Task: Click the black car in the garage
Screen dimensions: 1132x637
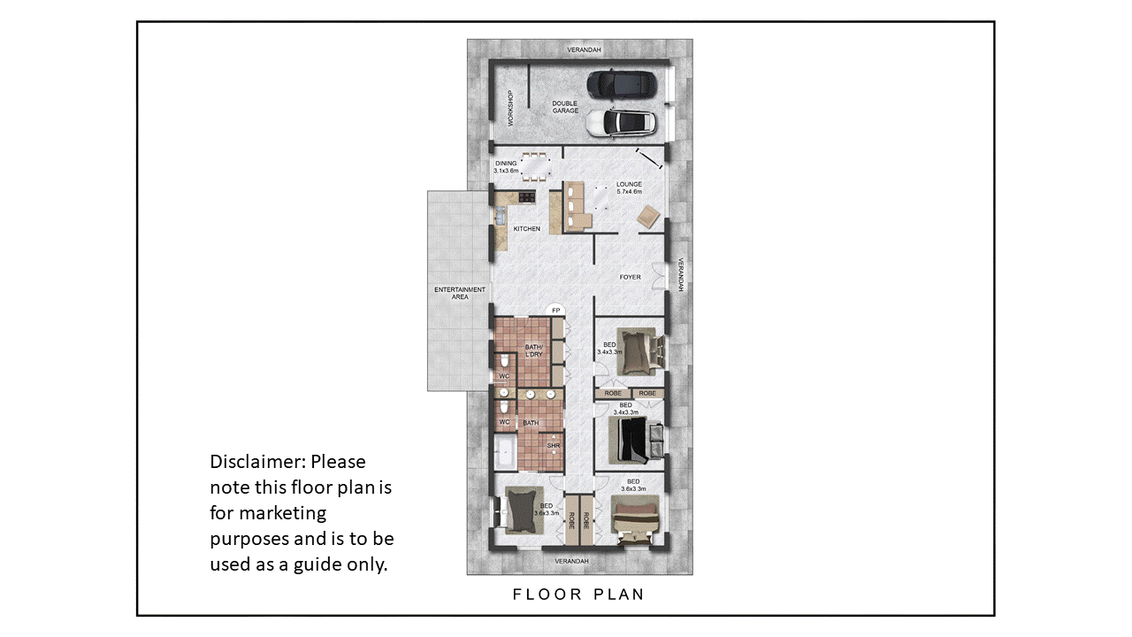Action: click(622, 85)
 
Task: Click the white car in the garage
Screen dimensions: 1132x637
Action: click(622, 123)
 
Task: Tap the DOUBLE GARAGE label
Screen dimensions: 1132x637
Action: click(565, 107)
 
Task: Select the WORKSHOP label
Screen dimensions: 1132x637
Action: click(510, 108)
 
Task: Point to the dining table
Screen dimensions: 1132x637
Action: click(536, 166)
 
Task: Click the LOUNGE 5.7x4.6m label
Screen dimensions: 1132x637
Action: click(629, 188)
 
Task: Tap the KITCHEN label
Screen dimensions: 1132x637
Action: click(526, 229)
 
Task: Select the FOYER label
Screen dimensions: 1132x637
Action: click(631, 277)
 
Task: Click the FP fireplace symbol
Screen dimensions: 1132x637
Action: click(556, 310)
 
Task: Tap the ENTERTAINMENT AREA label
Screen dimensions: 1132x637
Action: click(460, 293)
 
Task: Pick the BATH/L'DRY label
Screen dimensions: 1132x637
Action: click(533, 351)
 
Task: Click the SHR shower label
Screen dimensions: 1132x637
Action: click(554, 446)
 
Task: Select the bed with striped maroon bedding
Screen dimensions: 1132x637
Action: click(635, 521)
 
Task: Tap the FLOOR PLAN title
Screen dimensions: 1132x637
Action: click(578, 595)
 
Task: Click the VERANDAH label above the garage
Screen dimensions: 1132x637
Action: click(585, 50)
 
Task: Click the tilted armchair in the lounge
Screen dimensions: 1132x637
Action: click(648, 217)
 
